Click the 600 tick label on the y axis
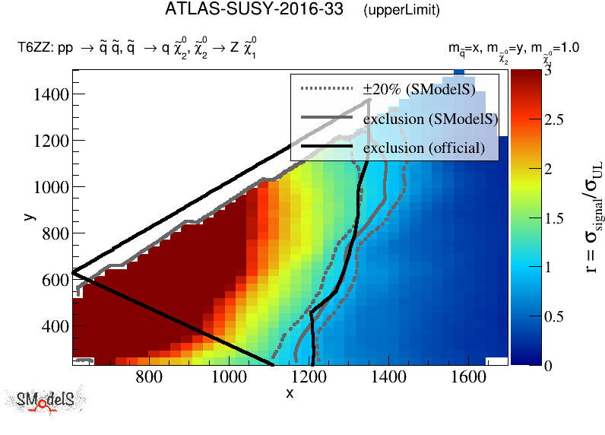55,280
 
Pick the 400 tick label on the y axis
55,326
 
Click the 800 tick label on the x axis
149,377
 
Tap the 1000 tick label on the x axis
227,377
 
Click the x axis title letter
290,392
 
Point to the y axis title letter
28,217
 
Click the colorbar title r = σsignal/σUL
586,217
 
